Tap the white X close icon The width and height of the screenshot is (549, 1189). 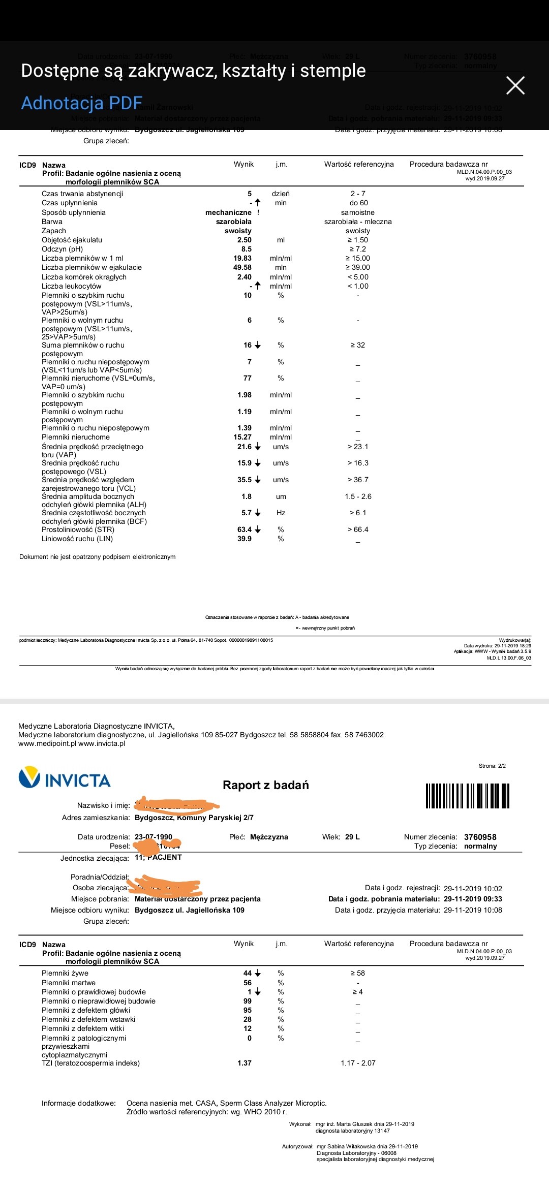tap(515, 85)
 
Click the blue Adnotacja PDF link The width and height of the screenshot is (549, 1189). tap(81, 103)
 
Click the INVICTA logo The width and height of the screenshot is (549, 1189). tap(65, 777)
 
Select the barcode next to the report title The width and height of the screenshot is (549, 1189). tap(467, 796)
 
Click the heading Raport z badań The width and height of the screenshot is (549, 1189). tap(265, 785)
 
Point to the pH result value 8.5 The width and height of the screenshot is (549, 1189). tap(247, 249)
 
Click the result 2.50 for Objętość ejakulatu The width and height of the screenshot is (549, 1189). tap(245, 240)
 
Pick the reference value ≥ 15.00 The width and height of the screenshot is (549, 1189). tap(358, 258)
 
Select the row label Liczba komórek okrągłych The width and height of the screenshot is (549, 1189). tap(84, 277)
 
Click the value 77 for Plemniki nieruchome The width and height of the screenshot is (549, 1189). tap(248, 378)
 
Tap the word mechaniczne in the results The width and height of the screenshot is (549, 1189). tap(228, 212)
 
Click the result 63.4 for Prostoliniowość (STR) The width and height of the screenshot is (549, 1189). tap(245, 529)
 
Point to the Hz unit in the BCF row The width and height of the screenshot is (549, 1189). tap(281, 513)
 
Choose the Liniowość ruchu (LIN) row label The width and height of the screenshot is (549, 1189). tap(77, 539)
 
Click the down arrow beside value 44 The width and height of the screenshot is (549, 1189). tap(258, 973)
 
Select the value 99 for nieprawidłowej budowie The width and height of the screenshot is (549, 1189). tap(248, 1001)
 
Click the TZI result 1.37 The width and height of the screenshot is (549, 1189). tap(245, 1063)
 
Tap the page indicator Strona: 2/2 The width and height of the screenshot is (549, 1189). tap(492, 766)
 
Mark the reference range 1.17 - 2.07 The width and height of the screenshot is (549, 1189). tap(358, 1063)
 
